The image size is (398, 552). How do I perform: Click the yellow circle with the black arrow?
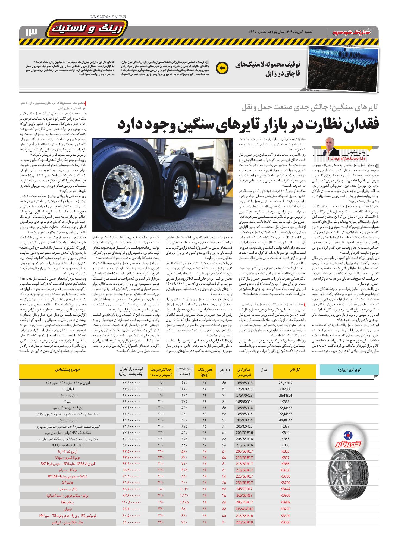(x=222, y=68)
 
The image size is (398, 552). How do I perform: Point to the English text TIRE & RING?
(x=108, y=17)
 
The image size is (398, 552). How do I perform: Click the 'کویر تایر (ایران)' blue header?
(x=348, y=370)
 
